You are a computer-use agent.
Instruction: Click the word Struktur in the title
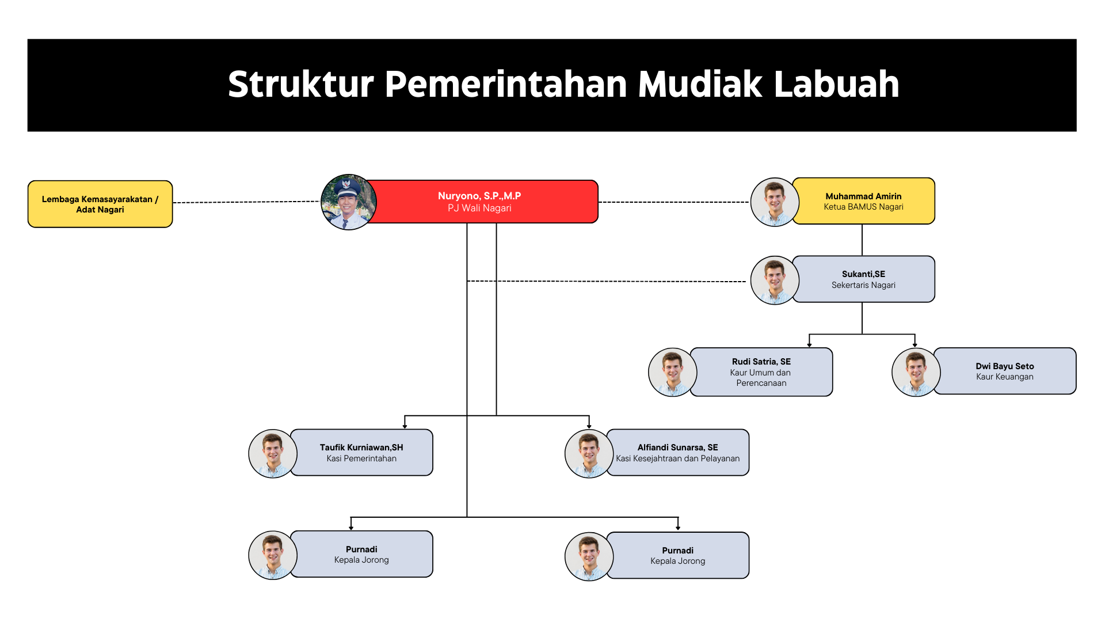click(x=301, y=84)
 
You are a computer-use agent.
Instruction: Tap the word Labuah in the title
click(x=836, y=84)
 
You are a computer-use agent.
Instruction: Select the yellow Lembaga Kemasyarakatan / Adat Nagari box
click(x=100, y=204)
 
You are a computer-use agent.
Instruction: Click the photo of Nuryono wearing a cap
click(x=349, y=202)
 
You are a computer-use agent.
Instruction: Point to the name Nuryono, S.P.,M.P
click(x=479, y=196)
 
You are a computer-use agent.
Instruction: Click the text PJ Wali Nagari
click(x=479, y=208)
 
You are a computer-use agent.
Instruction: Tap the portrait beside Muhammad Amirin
click(x=775, y=202)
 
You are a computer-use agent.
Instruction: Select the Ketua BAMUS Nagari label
click(x=863, y=207)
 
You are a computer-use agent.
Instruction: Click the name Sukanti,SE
click(x=863, y=274)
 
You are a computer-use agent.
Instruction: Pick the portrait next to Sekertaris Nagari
click(x=775, y=280)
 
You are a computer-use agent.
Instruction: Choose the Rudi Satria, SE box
click(x=761, y=372)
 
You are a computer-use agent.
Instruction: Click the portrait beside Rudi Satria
click(x=673, y=372)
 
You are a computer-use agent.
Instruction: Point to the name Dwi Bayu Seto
click(x=1005, y=366)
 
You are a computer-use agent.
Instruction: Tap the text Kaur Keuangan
click(x=1005, y=377)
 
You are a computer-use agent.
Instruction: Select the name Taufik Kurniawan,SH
click(x=361, y=447)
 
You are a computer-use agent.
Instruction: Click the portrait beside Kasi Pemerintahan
click(x=273, y=454)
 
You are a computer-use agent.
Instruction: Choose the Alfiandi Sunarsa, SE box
click(x=677, y=452)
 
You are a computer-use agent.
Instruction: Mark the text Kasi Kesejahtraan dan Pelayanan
click(x=678, y=458)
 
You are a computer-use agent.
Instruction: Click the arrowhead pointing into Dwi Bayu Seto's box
click(x=915, y=345)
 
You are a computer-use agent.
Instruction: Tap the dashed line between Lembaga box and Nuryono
click(x=246, y=202)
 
